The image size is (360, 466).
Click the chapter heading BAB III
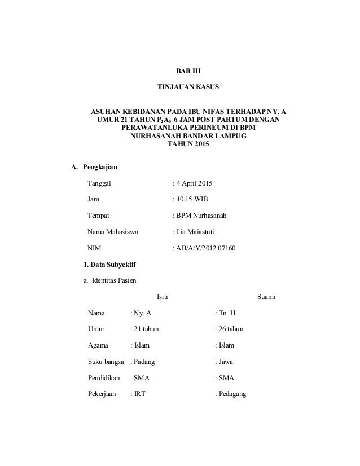188,72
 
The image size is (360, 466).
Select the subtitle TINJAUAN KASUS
188,89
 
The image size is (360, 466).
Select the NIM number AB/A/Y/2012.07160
205,248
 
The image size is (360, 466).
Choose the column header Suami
266,297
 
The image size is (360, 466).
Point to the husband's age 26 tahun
231,329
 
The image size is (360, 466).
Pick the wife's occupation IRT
139,394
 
